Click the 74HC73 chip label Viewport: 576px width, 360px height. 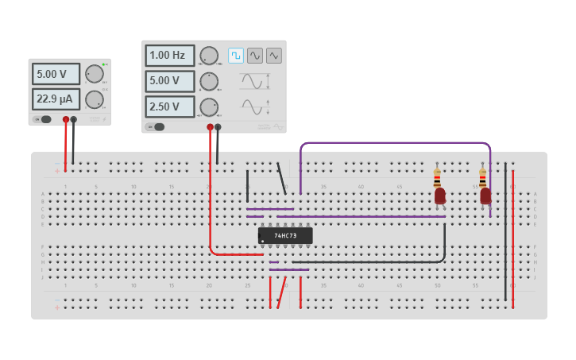285,236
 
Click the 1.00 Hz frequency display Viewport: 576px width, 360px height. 169,56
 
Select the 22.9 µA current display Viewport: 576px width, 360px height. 56,99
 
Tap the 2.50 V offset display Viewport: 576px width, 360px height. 169,106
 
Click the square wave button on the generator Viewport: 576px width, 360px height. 236,55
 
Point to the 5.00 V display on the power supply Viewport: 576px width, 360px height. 56,74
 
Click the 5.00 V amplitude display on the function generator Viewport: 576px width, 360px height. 169,81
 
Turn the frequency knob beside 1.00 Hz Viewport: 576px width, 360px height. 209,56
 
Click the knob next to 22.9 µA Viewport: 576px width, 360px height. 95,99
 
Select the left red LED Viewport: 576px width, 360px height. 439,195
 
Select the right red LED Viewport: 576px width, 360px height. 485,195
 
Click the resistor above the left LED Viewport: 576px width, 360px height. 437,177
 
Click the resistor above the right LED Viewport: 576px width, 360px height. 482,177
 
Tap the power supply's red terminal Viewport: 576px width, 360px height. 66,119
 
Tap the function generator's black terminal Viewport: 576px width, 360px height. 218,126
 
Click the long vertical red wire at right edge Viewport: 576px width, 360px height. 512,238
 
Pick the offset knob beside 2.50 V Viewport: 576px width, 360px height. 209,106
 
